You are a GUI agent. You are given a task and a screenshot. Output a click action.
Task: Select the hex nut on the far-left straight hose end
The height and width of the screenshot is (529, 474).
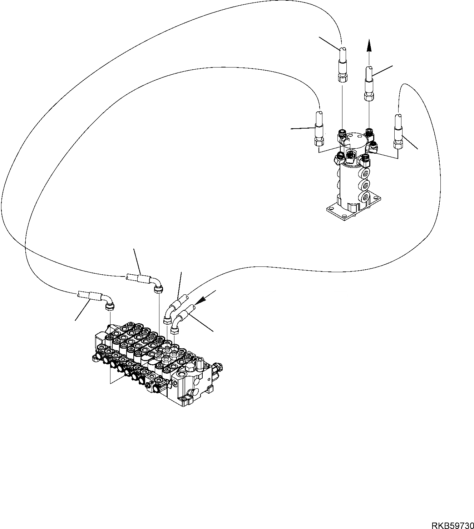319,142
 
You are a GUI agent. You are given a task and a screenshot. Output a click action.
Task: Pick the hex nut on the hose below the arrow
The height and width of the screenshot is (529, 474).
369,96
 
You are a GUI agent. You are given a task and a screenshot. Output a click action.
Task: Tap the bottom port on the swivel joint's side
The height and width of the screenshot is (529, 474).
365,196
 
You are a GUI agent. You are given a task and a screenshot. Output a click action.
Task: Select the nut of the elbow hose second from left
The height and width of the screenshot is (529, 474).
159,289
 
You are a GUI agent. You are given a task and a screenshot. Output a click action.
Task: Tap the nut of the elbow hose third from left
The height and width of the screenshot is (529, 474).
167,321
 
